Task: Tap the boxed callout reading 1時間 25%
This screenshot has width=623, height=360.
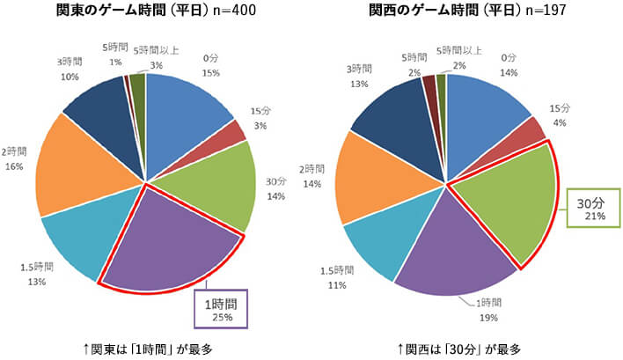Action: point(222,309)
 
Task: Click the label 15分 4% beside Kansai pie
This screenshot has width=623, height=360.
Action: point(560,114)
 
